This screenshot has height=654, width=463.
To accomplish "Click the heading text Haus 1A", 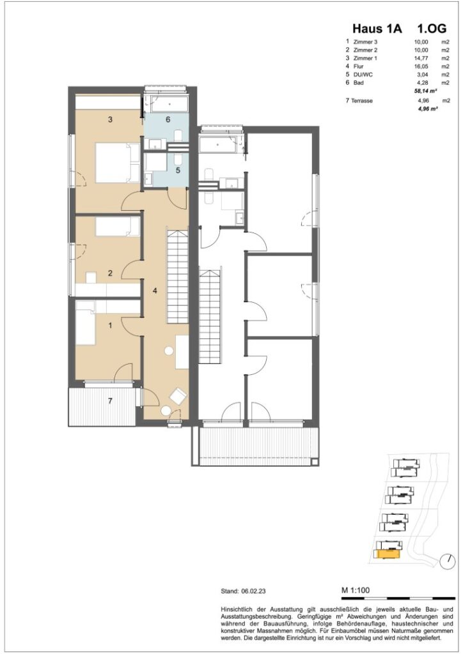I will click(x=377, y=29).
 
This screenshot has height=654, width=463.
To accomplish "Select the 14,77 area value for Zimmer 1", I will click(x=421, y=58).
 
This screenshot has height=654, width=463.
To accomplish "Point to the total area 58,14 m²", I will click(x=425, y=92).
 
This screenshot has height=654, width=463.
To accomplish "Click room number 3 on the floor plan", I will click(x=110, y=119).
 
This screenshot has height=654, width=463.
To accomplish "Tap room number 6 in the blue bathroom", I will click(x=168, y=119).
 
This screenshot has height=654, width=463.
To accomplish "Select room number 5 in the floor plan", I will click(x=178, y=171).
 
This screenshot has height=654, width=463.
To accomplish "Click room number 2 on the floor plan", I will click(x=110, y=273).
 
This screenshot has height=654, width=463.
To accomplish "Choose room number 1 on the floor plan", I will click(x=110, y=325).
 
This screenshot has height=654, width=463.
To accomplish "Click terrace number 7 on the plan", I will click(x=110, y=400).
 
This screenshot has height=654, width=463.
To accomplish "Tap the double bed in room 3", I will click(x=118, y=162).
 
